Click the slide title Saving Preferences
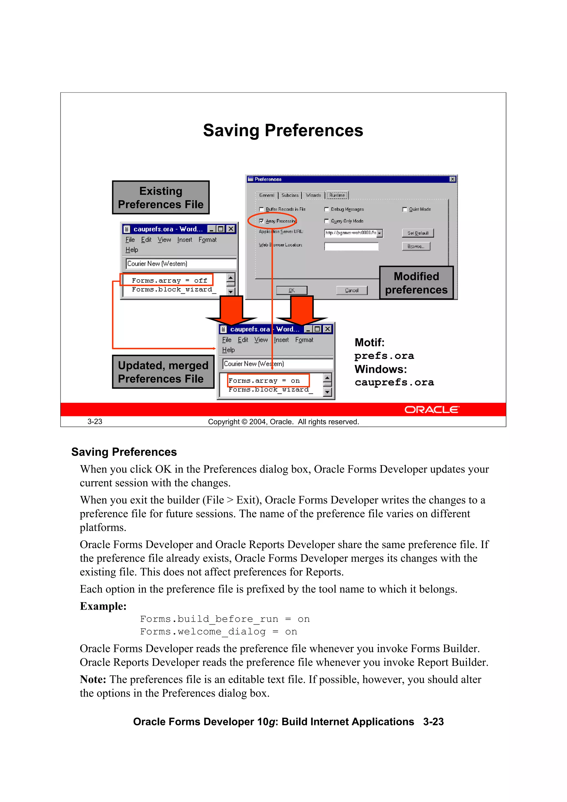coord(283,131)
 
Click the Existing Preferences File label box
coord(161,197)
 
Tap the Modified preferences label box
coord(416,283)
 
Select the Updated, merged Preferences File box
coord(163,372)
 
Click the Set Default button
coord(417,233)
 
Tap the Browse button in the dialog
coord(416,246)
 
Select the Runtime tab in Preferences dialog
coord(337,195)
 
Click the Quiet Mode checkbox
coord(404,210)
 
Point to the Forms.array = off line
coord(169,280)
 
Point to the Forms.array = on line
coord(264,380)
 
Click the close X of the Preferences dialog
coord(452,179)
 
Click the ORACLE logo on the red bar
coord(432,409)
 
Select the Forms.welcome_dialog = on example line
coord(218,631)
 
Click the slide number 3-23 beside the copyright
coord(95,422)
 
